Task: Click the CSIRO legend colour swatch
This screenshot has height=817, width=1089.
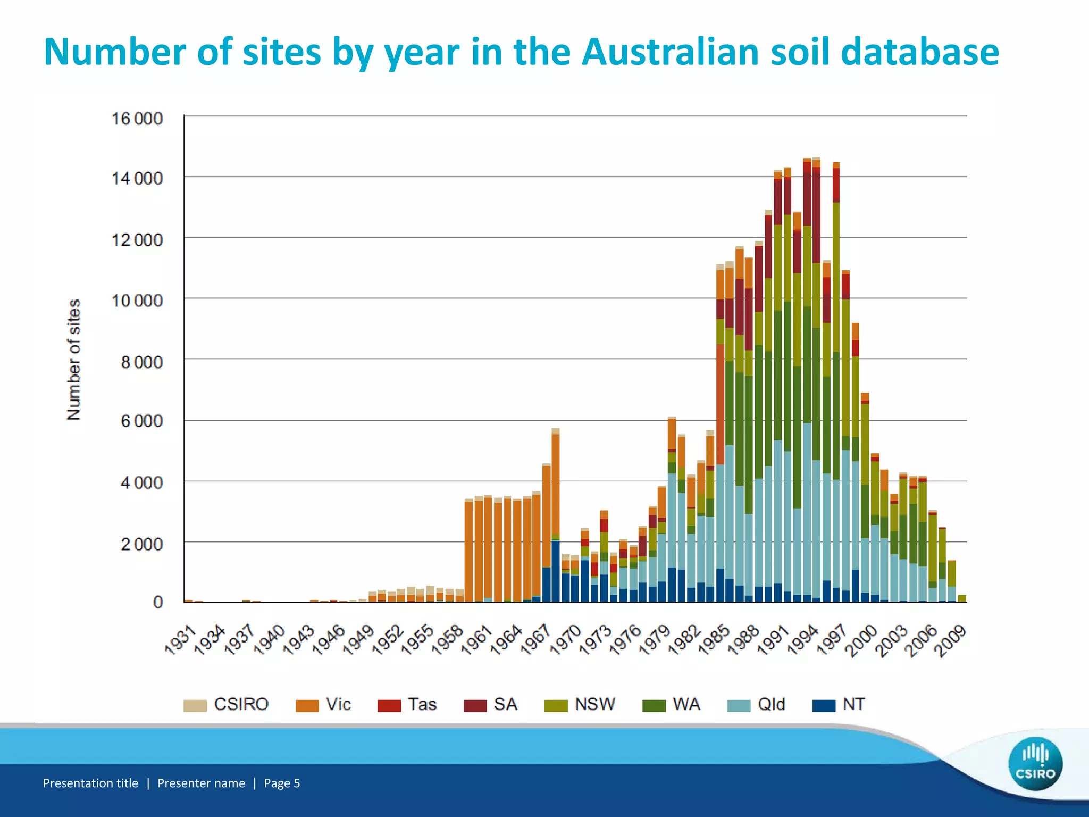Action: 195,705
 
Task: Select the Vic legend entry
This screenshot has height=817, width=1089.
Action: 324,705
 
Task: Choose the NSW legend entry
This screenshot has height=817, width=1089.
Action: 580,705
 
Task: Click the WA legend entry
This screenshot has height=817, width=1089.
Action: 672,705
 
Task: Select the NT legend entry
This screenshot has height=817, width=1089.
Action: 839,705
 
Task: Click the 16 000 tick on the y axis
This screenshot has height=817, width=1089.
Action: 137,118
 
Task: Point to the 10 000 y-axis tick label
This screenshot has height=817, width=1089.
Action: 137,301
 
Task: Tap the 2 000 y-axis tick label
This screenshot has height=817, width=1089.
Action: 141,544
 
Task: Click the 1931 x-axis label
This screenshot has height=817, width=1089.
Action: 180,641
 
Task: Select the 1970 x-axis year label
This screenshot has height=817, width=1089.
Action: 565,641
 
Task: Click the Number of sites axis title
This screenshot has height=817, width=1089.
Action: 73,360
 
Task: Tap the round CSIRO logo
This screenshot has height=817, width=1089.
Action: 1035,764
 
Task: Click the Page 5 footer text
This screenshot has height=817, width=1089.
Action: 282,783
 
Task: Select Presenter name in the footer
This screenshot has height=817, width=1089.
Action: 201,783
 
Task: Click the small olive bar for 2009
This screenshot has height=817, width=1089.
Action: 962,598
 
